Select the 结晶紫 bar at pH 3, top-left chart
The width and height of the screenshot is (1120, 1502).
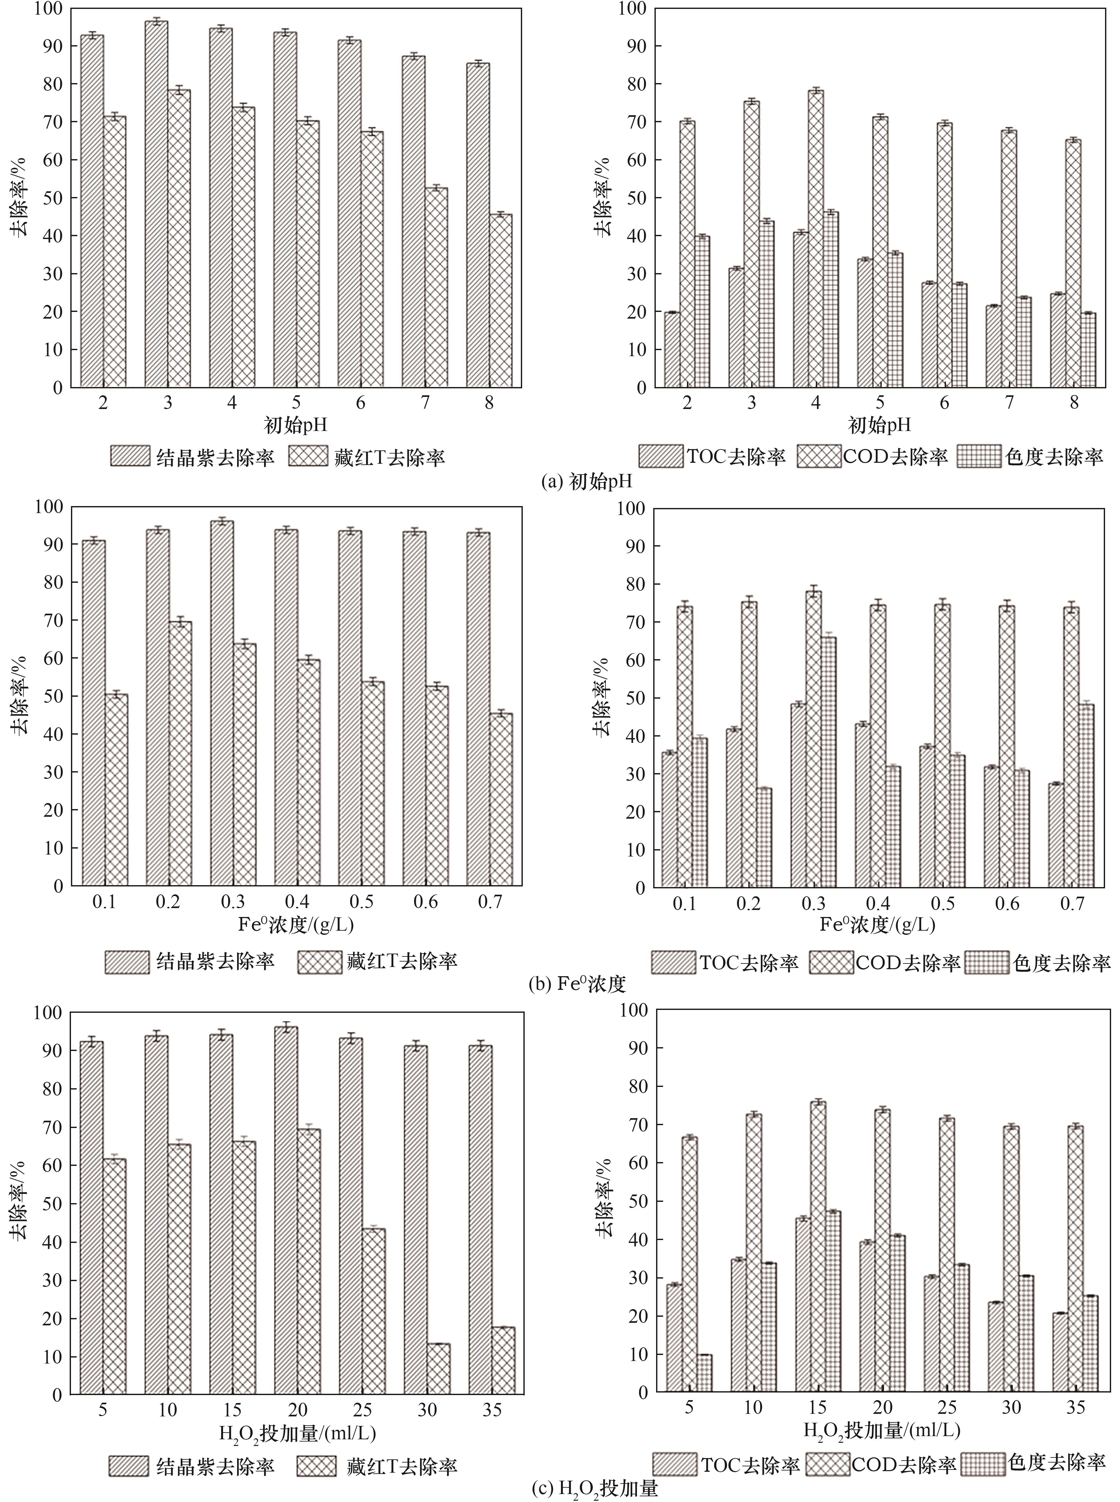156,203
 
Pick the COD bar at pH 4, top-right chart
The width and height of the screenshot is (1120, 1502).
815,237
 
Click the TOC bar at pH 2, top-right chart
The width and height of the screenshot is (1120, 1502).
672,349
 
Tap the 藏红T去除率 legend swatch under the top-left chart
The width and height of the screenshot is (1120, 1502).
310,457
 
